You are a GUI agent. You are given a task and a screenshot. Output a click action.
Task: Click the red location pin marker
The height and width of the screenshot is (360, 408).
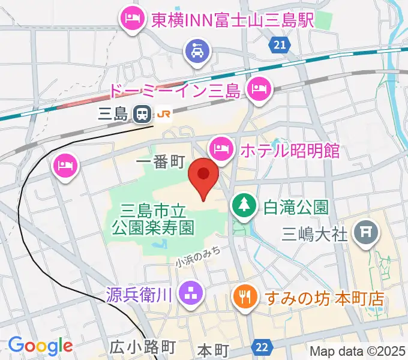[203, 175]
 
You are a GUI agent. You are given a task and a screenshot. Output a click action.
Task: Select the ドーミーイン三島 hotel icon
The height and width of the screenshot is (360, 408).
[259, 91]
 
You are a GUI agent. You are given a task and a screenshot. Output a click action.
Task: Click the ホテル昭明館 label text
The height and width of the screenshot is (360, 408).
[290, 150]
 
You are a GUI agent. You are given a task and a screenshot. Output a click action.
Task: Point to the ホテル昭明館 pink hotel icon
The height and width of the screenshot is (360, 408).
[221, 148]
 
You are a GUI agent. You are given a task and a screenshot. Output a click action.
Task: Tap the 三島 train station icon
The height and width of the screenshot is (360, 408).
[142, 113]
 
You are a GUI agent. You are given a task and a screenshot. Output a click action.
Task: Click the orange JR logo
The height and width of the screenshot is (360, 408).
[163, 113]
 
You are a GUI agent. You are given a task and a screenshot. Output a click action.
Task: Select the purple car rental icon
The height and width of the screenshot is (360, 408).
[197, 50]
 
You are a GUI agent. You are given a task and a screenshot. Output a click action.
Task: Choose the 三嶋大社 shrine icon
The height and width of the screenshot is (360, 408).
[364, 231]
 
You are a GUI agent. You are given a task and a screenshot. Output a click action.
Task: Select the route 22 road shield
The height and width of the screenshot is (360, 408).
[262, 346]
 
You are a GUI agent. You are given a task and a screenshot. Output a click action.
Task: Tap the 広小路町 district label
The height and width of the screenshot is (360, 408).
[142, 347]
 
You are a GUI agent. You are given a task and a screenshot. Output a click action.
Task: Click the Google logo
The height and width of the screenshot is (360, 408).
[40, 346]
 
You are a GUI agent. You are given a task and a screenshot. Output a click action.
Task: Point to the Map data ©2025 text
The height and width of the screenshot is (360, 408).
[357, 352]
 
